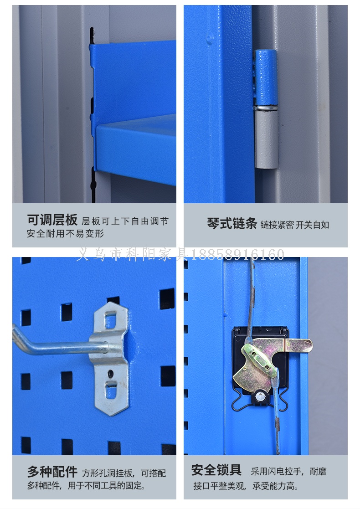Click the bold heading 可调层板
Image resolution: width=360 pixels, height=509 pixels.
pos(52,220)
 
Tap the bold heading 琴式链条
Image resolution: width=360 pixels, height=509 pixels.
pos(232,224)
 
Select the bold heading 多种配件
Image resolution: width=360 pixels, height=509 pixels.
pos(52,472)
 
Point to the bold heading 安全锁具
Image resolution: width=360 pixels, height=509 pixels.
pos(216,470)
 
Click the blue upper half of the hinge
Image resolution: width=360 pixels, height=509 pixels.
pos(266,78)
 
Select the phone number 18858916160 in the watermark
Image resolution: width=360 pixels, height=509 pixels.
pos(237,254)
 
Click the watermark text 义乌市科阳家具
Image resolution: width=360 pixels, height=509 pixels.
pos(132,254)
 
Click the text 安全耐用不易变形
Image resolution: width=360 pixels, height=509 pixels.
pos(65,234)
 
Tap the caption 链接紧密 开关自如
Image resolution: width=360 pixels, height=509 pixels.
pos(295,225)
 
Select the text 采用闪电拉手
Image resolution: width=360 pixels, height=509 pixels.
pos(277,471)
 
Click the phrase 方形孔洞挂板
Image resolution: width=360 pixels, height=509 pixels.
pos(108,473)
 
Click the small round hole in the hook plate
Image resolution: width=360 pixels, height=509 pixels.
pos(111,374)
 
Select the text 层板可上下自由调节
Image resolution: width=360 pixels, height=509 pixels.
pos(125,221)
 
